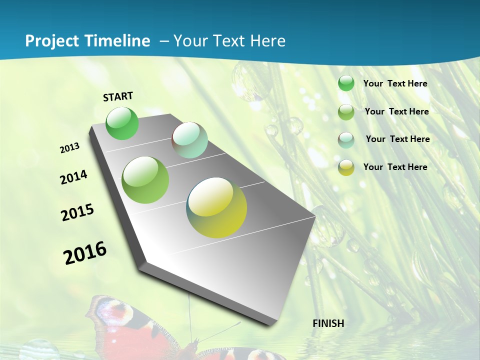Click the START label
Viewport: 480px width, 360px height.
[x=118, y=96]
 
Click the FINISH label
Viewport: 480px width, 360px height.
[x=328, y=323]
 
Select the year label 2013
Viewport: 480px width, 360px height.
[x=70, y=147]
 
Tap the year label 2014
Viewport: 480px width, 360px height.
[x=73, y=177]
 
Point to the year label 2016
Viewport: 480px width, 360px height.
[x=85, y=252]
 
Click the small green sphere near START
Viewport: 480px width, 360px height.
[x=122, y=123]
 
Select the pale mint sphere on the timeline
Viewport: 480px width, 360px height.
[x=189, y=139]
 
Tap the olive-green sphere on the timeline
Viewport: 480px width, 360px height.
[x=145, y=179]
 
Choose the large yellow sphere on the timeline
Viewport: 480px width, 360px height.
[x=216, y=207]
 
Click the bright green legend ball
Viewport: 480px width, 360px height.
[x=346, y=83]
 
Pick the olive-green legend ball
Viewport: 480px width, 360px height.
[x=346, y=112]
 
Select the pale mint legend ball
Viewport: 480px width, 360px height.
[x=346, y=140]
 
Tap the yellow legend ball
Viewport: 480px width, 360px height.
[x=346, y=168]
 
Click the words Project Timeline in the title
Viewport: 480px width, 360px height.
[x=87, y=41]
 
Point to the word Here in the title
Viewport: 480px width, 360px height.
[x=267, y=41]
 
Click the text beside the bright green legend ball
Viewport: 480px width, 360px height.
[x=395, y=83]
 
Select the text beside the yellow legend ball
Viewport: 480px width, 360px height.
[x=395, y=167]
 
